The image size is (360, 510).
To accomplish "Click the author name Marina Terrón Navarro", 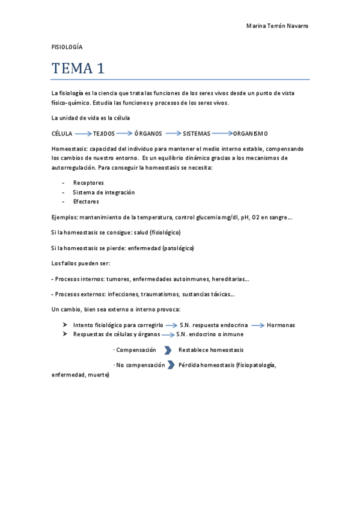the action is click(278, 26).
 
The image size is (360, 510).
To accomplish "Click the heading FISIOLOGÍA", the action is click(67, 47).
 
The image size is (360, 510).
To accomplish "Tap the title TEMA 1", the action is click(78, 69).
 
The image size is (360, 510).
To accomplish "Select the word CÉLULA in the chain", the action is click(63, 133).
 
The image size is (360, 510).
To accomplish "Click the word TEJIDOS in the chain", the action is click(104, 133).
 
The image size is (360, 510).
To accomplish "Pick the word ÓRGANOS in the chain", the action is click(148, 133).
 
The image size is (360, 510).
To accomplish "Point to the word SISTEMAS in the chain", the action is click(197, 133).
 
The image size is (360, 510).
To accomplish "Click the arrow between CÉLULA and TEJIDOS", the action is click(83, 133).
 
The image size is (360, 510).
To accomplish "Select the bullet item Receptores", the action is click(88, 182).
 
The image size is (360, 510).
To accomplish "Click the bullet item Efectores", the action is click(86, 201).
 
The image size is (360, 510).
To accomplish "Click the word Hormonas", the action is click(281, 325).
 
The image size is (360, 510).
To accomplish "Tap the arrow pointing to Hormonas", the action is click(258, 325).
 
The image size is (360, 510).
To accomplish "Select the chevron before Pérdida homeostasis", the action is click(171, 364).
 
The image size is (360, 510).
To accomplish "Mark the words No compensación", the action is click(141, 364).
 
